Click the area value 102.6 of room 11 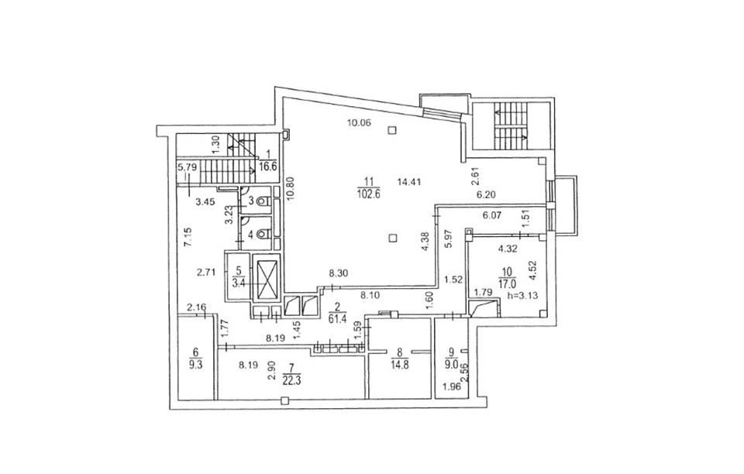point(370,194)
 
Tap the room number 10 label point(507,272)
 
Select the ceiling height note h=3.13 point(522,295)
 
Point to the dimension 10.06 point(359,123)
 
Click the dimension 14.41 point(409,181)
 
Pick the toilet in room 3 point(263,201)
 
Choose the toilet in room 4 point(263,234)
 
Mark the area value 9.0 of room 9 point(451,365)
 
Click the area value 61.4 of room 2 point(337,318)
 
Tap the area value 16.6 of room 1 point(268,167)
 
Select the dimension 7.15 point(188,236)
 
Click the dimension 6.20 point(486,194)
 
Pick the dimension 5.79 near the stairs point(187,167)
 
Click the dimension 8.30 point(339,273)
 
